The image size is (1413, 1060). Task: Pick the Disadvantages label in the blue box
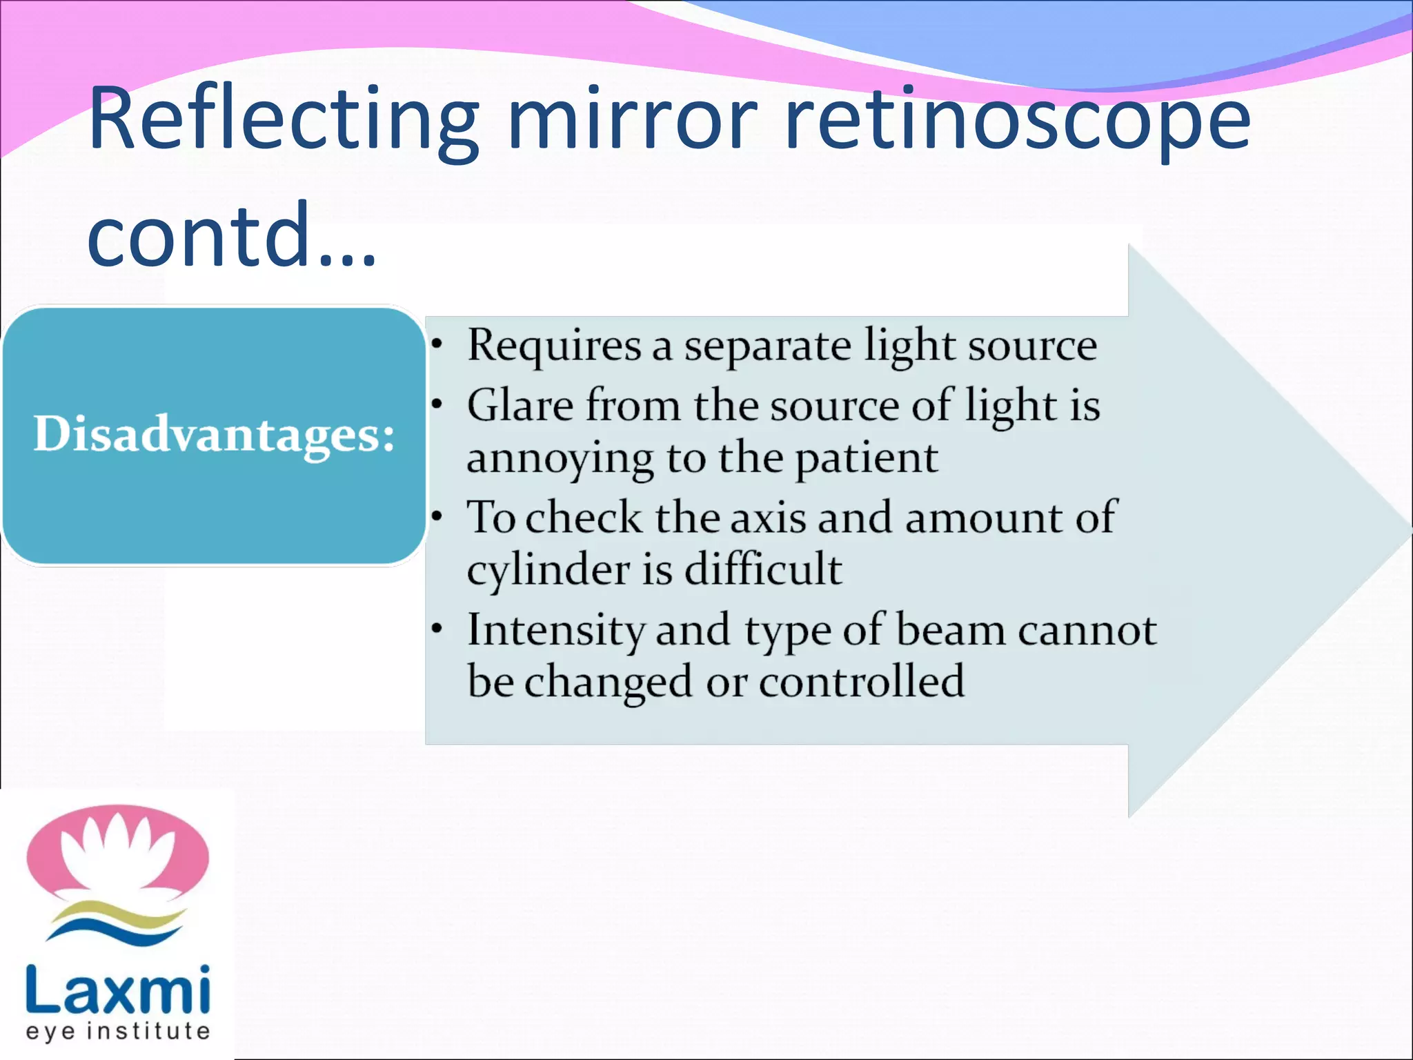214,435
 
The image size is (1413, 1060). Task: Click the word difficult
762,570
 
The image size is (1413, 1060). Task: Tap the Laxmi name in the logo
117,990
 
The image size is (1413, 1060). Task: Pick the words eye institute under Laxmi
117,1031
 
